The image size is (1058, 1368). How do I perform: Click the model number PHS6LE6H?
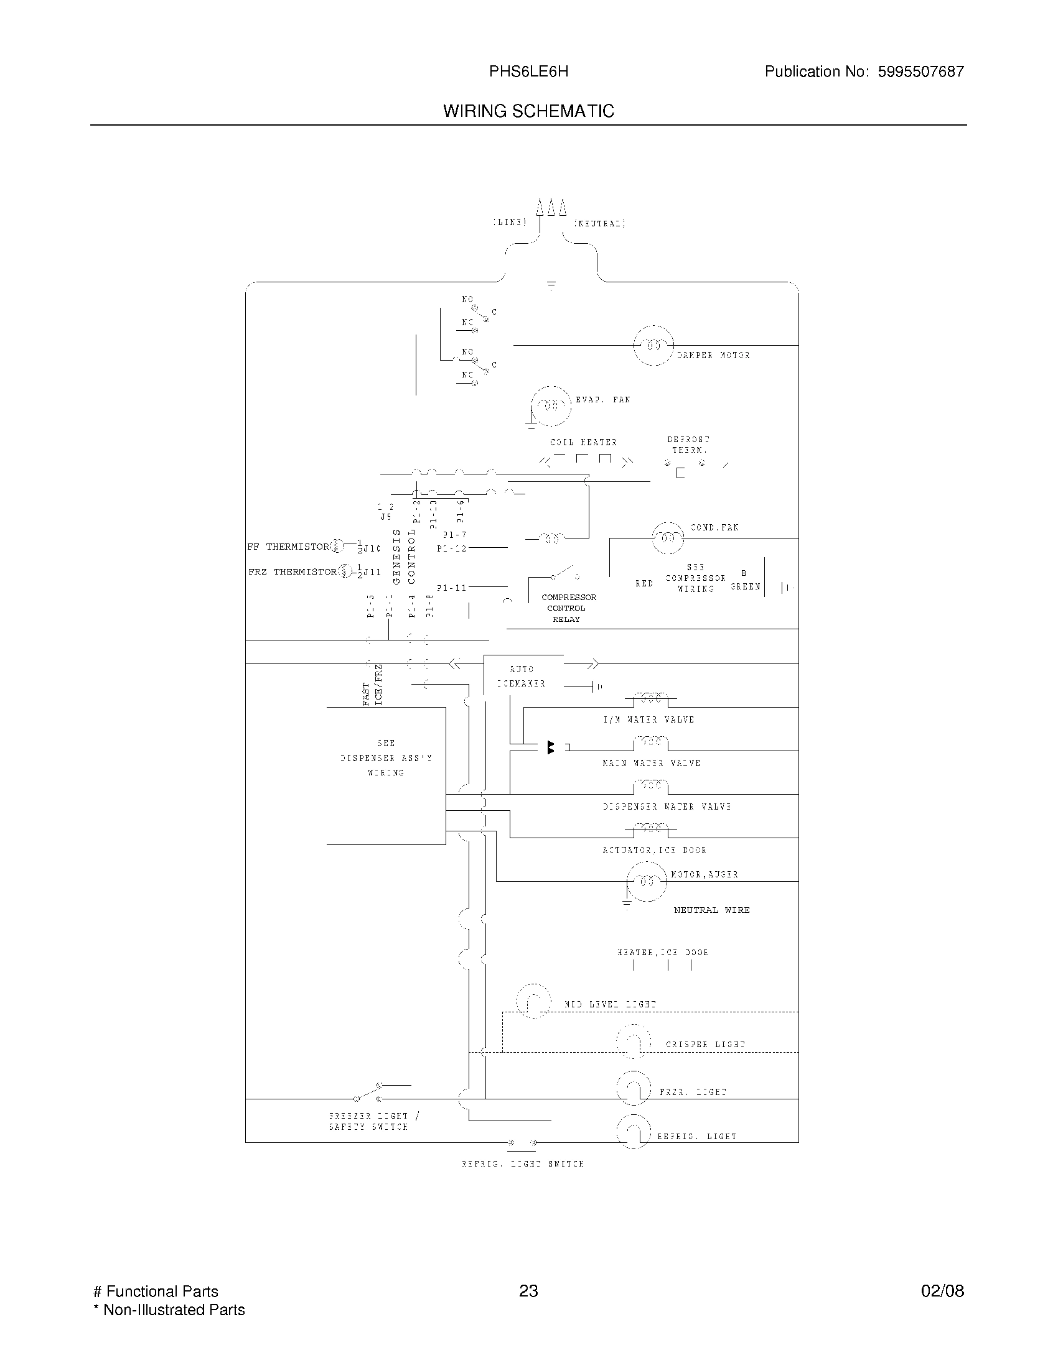click(x=528, y=72)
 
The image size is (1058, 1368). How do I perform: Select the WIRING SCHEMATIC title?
click(x=528, y=111)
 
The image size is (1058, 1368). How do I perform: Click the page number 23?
click(x=528, y=1291)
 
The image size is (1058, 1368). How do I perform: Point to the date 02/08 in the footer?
click(x=942, y=1291)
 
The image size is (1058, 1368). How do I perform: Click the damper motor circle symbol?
click(x=653, y=345)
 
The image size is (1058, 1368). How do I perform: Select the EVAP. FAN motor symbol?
click(x=551, y=405)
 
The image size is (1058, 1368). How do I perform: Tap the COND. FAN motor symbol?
click(x=668, y=537)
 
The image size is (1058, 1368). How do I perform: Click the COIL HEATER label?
click(x=584, y=442)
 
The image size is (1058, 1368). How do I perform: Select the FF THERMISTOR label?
click(x=288, y=547)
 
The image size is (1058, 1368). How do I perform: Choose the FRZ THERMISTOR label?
click(x=292, y=572)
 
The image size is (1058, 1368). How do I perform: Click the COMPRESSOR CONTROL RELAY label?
click(x=567, y=608)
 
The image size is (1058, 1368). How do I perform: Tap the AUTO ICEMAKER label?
click(x=522, y=677)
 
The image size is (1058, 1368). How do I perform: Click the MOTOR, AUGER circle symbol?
click(x=647, y=881)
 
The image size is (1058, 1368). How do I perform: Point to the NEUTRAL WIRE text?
click(x=711, y=910)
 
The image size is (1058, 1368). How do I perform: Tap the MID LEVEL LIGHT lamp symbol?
click(x=533, y=1000)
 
